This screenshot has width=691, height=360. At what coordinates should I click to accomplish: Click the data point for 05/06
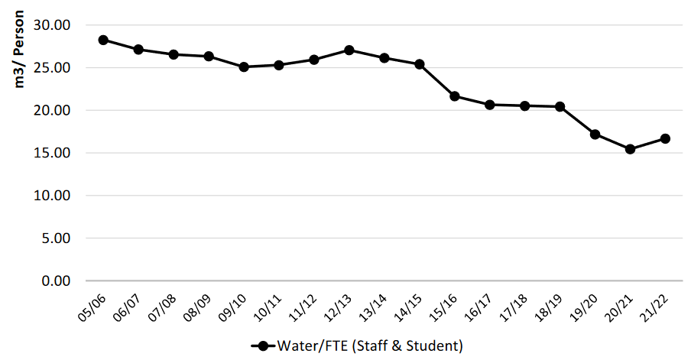coord(103,40)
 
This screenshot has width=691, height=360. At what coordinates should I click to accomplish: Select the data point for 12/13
coord(349,50)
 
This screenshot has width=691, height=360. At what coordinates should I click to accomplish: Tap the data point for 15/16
coord(455,96)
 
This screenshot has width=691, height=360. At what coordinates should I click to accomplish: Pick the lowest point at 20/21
coord(630,149)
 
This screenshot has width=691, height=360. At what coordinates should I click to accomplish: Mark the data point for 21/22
coord(665,138)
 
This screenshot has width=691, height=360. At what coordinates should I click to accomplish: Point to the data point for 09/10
coord(244,66)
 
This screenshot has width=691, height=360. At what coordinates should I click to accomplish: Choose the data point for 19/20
coord(595,134)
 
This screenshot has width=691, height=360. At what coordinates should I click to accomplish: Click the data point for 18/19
coord(560,107)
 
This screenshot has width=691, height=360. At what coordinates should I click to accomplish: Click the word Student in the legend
coord(434,345)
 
